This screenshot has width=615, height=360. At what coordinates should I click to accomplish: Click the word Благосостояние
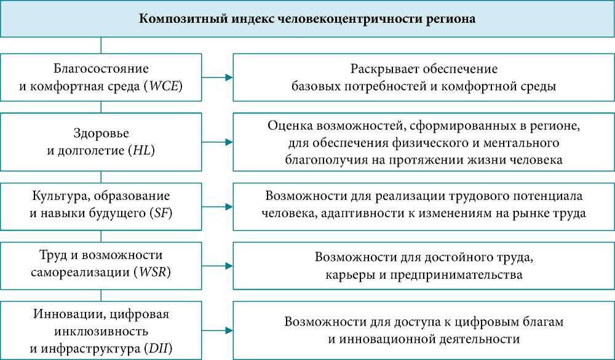pos(101,69)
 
